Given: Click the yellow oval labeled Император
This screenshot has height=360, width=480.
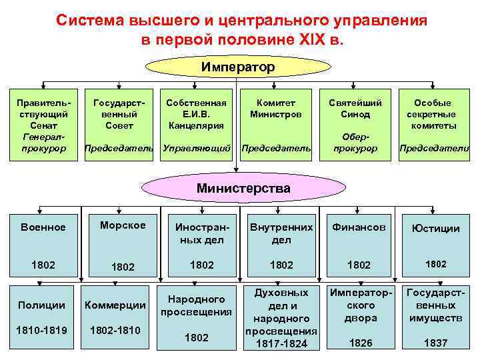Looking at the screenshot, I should tap(238, 67).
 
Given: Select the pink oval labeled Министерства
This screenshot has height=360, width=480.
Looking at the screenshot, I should tap(243, 188).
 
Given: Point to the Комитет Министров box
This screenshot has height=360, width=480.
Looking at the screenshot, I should tap(276, 125).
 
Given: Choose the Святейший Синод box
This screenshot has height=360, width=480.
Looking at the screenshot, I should tap(355, 125).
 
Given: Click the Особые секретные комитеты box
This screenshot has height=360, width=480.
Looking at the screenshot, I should tap(433, 125).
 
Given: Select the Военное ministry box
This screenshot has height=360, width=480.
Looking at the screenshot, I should tap(43, 244).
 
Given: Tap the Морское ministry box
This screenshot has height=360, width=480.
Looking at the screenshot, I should tap(122, 244).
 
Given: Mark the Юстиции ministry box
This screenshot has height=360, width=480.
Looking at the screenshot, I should tap(436, 244).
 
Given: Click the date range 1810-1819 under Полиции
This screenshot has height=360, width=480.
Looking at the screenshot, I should tap(43, 329).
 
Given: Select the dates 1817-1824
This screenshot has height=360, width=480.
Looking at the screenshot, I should tap(281, 343).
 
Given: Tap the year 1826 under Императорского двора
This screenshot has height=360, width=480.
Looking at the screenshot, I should tap(361, 343).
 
